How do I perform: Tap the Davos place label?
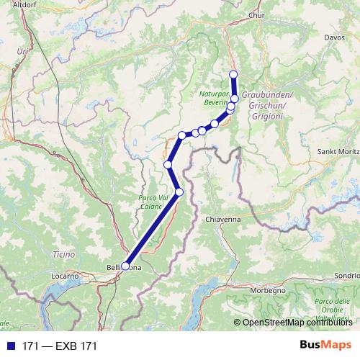(x=335, y=36)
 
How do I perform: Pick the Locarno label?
(x=68, y=275)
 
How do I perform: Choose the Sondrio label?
(x=346, y=275)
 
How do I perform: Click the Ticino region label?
(x=63, y=254)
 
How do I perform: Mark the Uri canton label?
(x=24, y=52)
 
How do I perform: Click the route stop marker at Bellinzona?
(x=125, y=266)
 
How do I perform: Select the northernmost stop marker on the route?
(x=233, y=74)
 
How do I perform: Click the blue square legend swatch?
(x=9, y=346)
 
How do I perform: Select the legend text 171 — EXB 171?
(x=60, y=346)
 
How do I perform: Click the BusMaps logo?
(x=326, y=346)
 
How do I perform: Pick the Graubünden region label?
(x=266, y=102)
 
